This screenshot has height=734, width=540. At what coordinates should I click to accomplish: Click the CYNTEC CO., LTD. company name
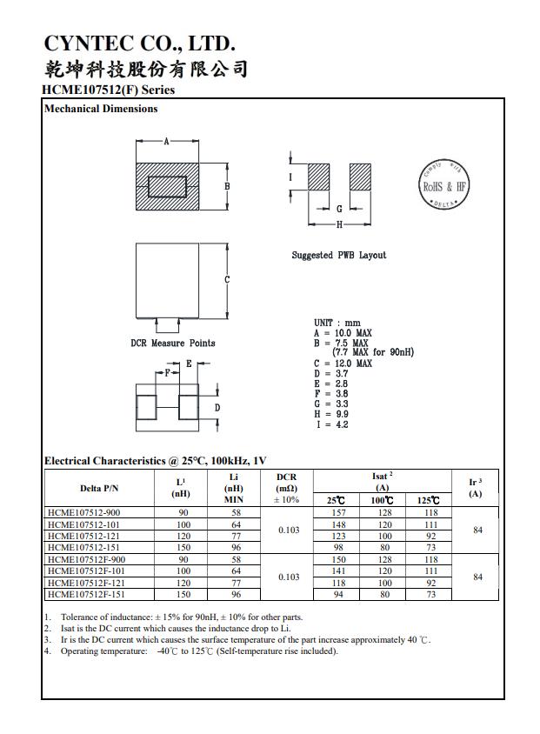(x=138, y=43)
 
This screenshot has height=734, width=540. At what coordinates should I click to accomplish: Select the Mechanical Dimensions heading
(x=101, y=109)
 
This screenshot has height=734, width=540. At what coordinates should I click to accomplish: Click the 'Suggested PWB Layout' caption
(x=338, y=255)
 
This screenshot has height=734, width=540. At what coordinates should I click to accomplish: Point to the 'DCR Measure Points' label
(x=173, y=343)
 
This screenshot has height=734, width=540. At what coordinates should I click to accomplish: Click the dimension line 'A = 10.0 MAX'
(x=343, y=333)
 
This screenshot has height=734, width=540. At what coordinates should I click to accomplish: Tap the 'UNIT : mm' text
(x=337, y=323)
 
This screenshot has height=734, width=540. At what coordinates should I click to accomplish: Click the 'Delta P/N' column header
(x=100, y=488)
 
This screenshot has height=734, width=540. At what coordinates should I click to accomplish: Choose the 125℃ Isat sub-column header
(x=428, y=500)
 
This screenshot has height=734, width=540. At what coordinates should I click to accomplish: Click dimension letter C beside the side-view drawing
(x=227, y=279)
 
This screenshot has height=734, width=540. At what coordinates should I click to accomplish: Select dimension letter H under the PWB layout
(x=339, y=224)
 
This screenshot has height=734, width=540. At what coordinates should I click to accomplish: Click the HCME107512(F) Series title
(x=108, y=90)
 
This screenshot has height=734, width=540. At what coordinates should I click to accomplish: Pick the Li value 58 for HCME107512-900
(x=234, y=513)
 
